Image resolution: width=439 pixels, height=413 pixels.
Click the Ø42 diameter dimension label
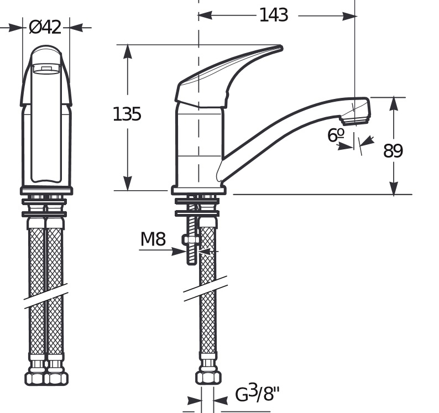click(45, 28)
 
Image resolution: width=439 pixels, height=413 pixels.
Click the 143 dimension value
click(274, 15)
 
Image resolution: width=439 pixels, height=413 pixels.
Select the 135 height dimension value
click(127, 114)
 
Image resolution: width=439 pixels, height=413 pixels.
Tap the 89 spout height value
click(393, 150)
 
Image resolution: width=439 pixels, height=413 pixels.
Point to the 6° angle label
click(336, 135)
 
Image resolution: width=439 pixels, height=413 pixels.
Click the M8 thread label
click(153, 239)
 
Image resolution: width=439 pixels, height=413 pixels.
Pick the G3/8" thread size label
click(257, 394)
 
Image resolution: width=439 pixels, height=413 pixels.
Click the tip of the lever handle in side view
click(281, 48)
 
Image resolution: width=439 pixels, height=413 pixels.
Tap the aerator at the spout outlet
click(354, 121)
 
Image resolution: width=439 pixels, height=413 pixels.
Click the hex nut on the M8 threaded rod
click(191, 240)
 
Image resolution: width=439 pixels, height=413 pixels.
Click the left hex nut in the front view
click(35, 379)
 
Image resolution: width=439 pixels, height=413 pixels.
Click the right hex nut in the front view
click(57, 379)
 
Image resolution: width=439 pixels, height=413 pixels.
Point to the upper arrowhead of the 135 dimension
click(128, 52)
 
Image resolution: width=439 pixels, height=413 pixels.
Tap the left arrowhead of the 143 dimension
click(206, 15)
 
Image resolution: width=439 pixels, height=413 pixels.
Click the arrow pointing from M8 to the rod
click(163, 250)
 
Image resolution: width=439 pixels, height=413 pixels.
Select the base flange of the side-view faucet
click(198, 190)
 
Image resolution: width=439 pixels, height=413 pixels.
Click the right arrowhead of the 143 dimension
click(349, 16)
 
